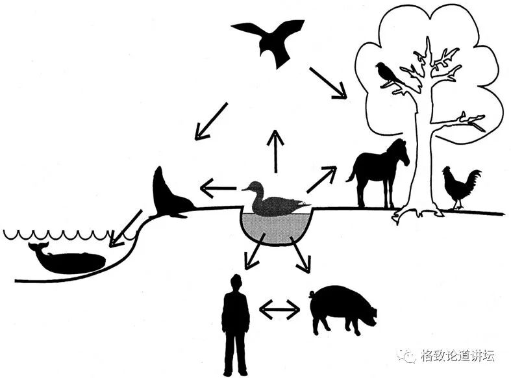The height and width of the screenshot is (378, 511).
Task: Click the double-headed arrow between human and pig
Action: [279, 310]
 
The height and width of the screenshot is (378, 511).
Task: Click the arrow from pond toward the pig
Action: [301, 255]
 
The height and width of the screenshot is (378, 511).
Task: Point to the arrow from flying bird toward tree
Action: [328, 82]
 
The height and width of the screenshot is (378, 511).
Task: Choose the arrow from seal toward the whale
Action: [127, 229]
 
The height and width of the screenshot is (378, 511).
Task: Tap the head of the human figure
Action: [236, 283]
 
